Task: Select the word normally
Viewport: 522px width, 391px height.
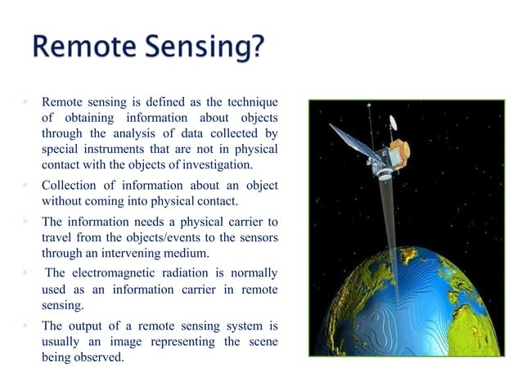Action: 250,272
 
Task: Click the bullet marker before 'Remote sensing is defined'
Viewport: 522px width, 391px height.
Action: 25,102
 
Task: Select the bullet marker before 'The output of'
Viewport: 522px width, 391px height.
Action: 25,326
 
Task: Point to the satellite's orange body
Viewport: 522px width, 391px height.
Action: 398,152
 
